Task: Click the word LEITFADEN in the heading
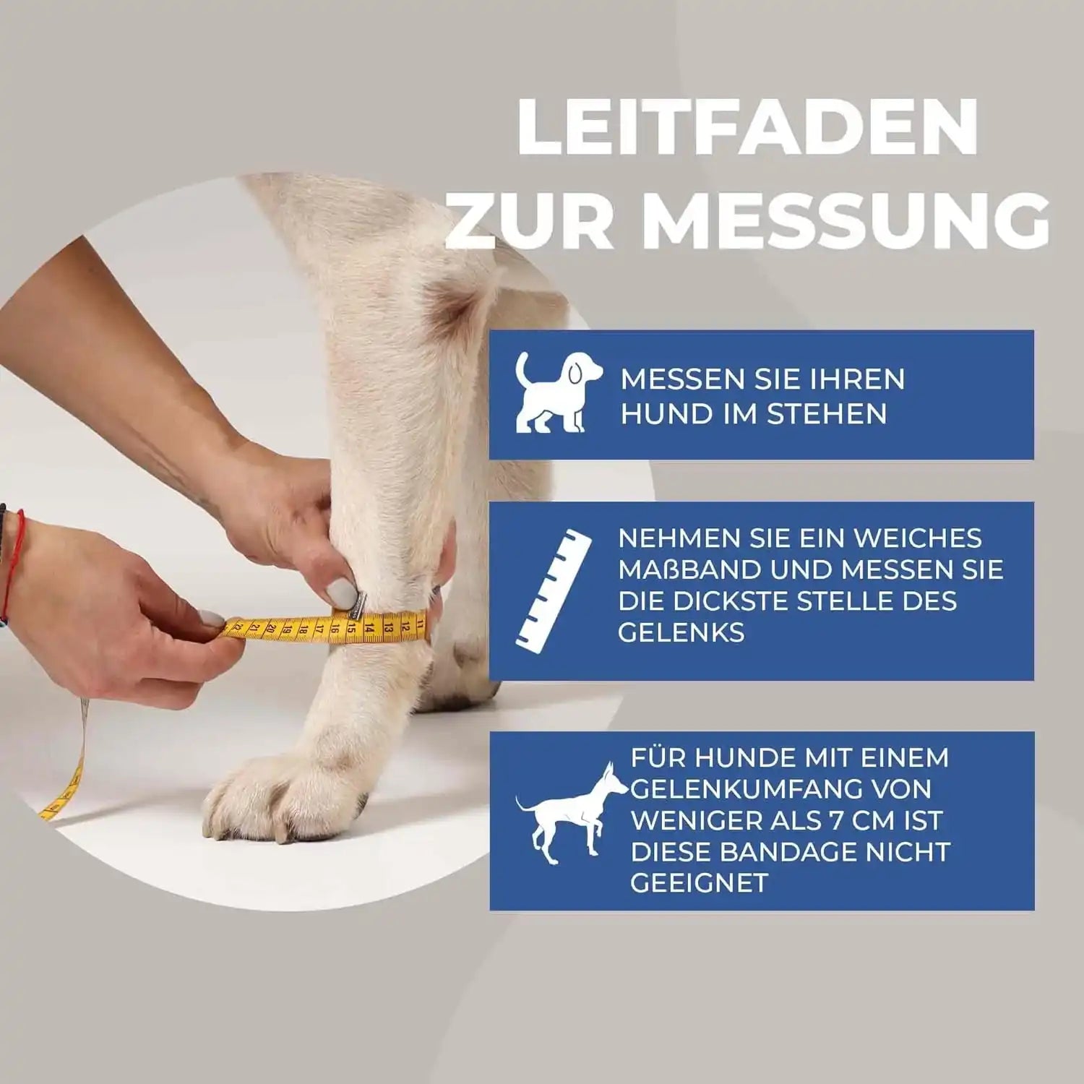[747, 127]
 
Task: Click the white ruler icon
[554, 587]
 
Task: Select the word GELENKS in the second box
[681, 632]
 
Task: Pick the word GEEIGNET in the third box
[699, 883]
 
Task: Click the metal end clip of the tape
[356, 606]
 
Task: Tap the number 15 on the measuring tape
[350, 627]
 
